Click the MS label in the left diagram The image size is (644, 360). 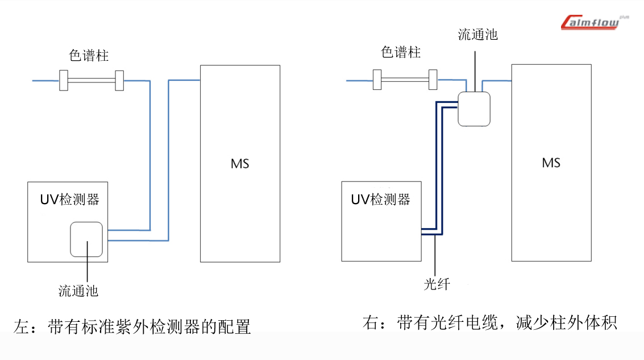pyautogui.click(x=240, y=164)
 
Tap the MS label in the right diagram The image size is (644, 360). pyautogui.click(x=551, y=163)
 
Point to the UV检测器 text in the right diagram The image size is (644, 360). pyautogui.click(x=380, y=199)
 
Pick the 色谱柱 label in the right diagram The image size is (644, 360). pyautogui.click(x=401, y=52)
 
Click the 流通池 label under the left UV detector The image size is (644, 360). pyautogui.click(x=78, y=291)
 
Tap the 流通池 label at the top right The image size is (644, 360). pyautogui.click(x=477, y=35)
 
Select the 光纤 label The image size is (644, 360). pyautogui.click(x=437, y=284)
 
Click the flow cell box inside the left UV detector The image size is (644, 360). pyautogui.click(x=86, y=239)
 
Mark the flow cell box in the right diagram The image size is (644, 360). pyautogui.click(x=473, y=108)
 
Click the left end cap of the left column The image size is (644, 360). pyautogui.click(x=64, y=81)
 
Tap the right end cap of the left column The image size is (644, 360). pyautogui.click(x=119, y=81)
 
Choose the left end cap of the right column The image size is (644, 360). pyautogui.click(x=377, y=80)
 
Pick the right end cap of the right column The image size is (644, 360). pyautogui.click(x=433, y=80)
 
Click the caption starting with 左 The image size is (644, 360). pyautogui.click(x=132, y=326)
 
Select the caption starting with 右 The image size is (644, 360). pyautogui.click(x=489, y=322)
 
